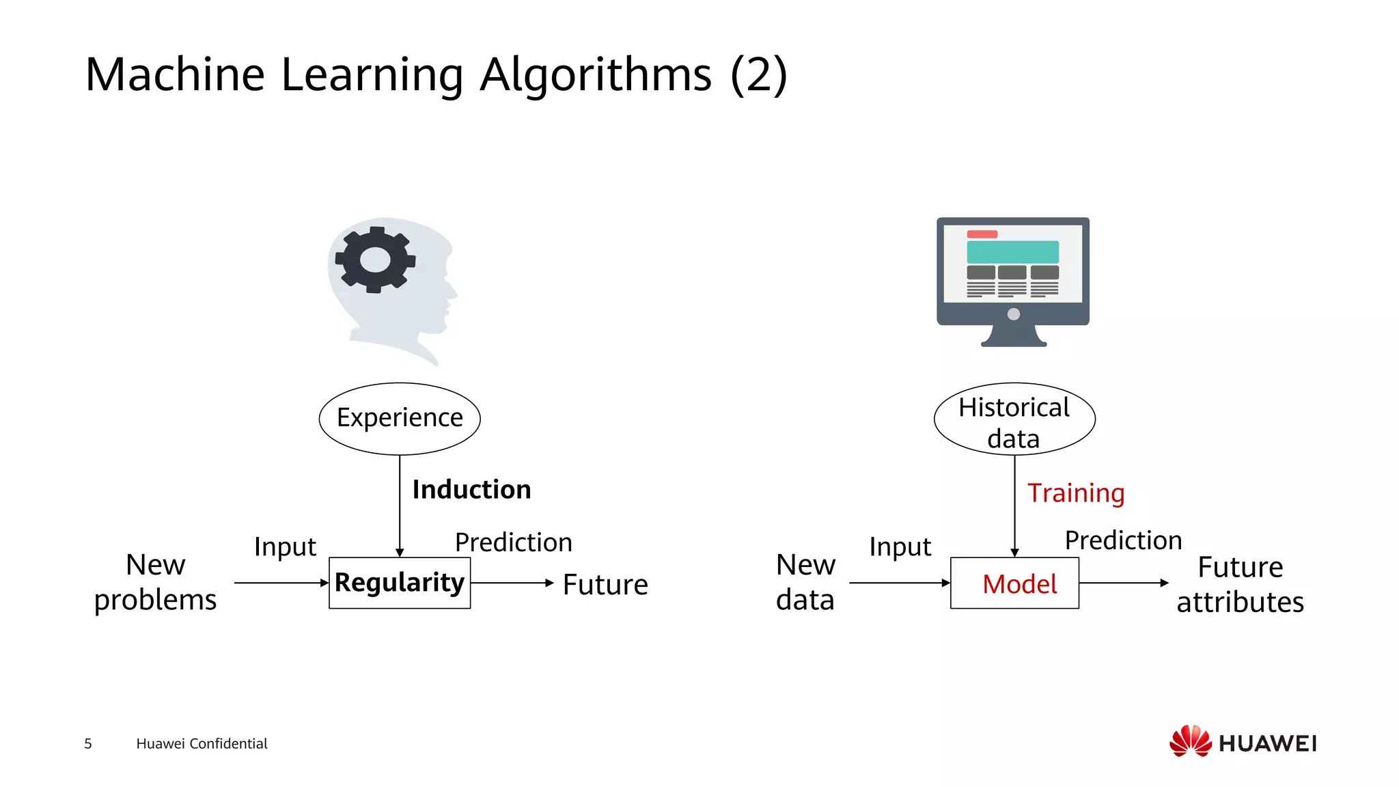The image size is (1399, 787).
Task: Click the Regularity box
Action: tap(400, 583)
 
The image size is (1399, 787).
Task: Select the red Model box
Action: tap(1014, 583)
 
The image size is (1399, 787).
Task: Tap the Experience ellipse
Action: tap(400, 418)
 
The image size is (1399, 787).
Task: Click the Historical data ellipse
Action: tap(1014, 418)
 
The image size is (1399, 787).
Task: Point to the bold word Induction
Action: tap(471, 490)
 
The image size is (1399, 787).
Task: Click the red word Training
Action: tap(1076, 493)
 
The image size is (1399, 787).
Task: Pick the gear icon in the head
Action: tap(375, 260)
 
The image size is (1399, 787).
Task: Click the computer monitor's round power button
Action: tap(1014, 314)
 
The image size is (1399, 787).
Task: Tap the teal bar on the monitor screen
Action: tap(1012, 251)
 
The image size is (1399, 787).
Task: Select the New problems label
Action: tap(156, 582)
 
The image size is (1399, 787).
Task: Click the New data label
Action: tap(805, 582)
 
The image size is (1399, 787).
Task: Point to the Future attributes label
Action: tap(1240, 585)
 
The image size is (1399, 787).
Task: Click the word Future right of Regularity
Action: tap(605, 585)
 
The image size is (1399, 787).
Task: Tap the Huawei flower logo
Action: tap(1191, 741)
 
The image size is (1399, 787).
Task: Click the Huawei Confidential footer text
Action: tap(202, 743)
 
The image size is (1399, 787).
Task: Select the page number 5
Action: tap(88, 743)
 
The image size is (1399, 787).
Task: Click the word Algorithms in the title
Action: tap(596, 74)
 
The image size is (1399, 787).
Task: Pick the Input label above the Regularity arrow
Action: tap(285, 547)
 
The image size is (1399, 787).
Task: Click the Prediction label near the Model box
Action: tap(1123, 540)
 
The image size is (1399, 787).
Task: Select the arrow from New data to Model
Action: tap(899, 583)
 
